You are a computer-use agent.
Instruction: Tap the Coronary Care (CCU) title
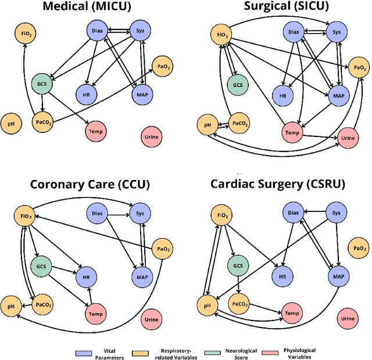(x=91, y=185)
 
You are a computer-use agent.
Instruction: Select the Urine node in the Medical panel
(x=150, y=137)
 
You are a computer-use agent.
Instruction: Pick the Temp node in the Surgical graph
(x=292, y=133)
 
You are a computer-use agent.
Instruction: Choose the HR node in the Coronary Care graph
(x=85, y=278)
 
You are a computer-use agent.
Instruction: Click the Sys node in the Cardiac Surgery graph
(x=335, y=213)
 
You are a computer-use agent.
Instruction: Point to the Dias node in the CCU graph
(x=97, y=213)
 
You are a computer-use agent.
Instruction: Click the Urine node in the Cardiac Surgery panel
(x=348, y=318)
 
